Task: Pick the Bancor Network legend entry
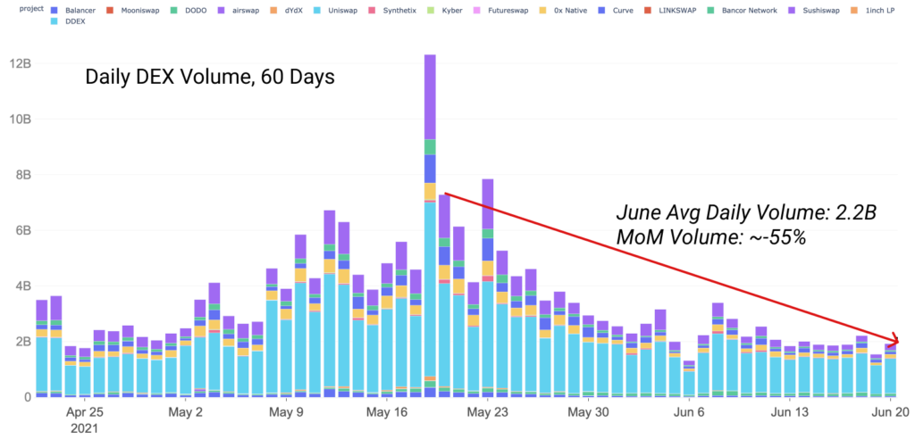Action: pyautogui.click(x=722, y=9)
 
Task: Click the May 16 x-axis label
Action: pyautogui.click(x=388, y=413)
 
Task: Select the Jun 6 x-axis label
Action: pyautogui.click(x=688, y=413)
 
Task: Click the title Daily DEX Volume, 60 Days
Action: pyautogui.click(x=209, y=77)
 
